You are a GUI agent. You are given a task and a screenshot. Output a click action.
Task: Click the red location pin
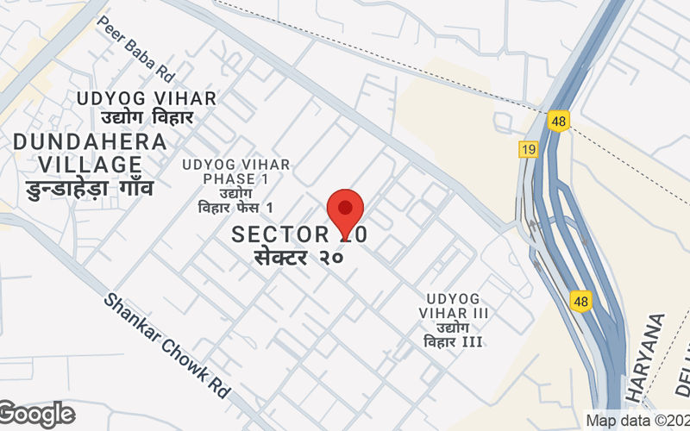point(345,209)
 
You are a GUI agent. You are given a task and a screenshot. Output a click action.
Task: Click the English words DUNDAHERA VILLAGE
point(90,153)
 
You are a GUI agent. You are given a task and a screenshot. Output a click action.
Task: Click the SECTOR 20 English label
point(302,234)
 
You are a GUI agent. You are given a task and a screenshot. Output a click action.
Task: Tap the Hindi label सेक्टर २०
point(298,256)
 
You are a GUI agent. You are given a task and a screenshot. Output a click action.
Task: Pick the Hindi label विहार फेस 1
point(235,208)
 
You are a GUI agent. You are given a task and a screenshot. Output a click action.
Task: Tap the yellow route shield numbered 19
point(529,149)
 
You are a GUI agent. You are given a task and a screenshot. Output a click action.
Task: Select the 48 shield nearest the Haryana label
point(580,301)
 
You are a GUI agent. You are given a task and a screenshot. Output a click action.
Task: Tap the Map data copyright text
point(637,421)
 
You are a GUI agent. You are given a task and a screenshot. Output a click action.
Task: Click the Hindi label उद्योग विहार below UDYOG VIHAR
point(147,117)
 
